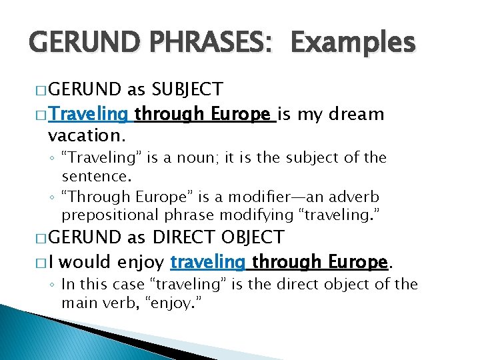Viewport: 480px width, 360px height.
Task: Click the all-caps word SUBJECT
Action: [x=187, y=89]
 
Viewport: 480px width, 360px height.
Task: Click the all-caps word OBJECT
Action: [x=253, y=237]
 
